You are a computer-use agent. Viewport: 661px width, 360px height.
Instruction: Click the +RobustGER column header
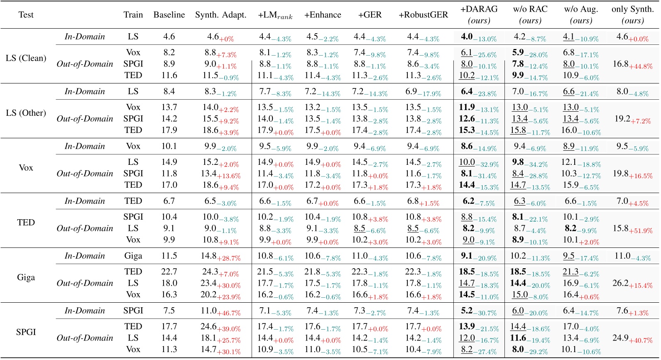(423, 15)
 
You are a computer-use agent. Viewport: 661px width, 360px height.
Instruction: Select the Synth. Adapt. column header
(220, 15)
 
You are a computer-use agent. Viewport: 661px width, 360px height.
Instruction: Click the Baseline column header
(169, 15)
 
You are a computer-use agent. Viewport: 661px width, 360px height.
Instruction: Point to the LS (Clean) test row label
(26, 58)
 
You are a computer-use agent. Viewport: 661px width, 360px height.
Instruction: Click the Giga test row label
(26, 277)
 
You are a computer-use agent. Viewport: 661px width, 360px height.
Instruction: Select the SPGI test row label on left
(26, 332)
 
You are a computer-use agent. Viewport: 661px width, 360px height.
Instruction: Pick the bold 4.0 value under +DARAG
(467, 37)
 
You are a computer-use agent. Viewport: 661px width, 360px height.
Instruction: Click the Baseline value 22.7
(169, 272)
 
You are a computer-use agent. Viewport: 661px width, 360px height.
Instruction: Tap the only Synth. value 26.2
(620, 283)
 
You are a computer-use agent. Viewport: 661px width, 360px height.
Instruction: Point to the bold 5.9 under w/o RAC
(518, 52)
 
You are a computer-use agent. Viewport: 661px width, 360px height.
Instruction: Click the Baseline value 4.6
(169, 37)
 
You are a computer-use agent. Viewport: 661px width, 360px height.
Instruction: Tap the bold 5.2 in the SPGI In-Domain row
(467, 311)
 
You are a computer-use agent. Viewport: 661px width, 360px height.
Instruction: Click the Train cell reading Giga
(133, 256)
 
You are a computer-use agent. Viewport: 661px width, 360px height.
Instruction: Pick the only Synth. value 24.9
(620, 338)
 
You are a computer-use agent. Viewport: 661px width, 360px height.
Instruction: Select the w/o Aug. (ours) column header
(581, 15)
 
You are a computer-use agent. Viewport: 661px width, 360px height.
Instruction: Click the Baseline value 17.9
(169, 130)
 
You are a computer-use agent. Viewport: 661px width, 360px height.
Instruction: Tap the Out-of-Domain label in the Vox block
(85, 174)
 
